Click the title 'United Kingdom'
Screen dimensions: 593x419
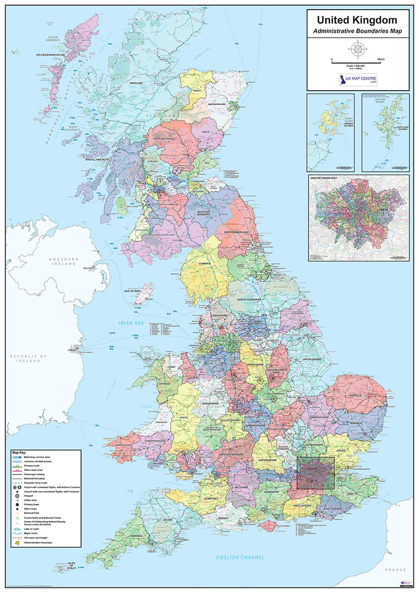click(x=357, y=20)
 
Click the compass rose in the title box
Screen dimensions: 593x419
click(x=357, y=50)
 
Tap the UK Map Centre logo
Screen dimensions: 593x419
click(x=358, y=80)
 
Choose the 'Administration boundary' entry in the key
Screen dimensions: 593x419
click(x=39, y=543)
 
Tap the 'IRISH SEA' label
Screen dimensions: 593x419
click(x=132, y=323)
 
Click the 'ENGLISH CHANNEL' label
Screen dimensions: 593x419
click(x=240, y=557)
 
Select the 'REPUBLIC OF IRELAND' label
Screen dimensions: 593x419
click(x=29, y=358)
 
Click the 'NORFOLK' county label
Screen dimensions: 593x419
click(x=355, y=396)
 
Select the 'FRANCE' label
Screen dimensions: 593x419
click(x=396, y=570)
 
